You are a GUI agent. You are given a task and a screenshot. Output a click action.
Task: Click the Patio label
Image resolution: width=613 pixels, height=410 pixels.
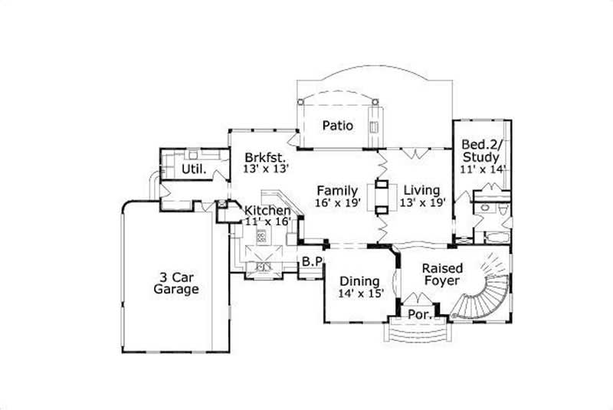tap(337, 126)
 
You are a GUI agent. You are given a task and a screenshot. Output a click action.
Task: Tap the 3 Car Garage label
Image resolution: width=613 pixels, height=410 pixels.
tap(176, 283)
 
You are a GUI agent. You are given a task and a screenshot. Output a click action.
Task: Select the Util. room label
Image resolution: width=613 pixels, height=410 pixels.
tap(194, 169)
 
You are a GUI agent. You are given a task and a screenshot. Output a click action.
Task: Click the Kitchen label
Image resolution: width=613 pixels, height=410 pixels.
tap(267, 211)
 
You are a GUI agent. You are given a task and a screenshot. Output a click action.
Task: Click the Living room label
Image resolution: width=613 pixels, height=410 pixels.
tap(421, 190)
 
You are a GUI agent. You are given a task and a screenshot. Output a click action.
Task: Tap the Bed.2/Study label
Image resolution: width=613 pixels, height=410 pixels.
tap(481, 151)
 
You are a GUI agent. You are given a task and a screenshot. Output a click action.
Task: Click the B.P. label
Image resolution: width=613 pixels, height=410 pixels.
tap(312, 261)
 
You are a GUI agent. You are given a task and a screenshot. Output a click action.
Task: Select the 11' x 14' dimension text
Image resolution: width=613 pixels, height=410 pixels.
tap(483, 170)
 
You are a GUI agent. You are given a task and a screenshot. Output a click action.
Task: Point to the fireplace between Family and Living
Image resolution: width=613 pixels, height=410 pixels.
tap(380, 196)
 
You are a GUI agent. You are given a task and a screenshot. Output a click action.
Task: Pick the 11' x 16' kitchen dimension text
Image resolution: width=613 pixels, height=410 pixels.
tap(267, 221)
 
